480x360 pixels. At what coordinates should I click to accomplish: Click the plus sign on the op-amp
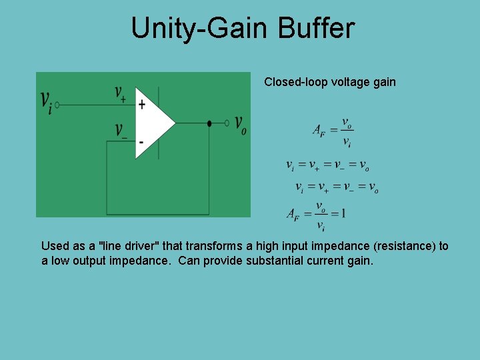141,105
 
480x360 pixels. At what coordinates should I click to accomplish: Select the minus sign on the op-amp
141,141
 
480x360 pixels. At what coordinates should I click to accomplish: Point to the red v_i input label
46,102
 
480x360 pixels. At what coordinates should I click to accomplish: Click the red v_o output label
240,125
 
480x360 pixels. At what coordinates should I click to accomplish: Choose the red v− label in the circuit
121,131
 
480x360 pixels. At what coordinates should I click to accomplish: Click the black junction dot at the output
209,123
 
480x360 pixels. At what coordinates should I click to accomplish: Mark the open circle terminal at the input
57,105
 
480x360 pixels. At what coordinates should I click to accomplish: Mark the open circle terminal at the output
227,123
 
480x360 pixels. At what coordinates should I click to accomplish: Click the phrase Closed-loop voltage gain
329,82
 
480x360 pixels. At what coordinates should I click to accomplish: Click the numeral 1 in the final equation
343,214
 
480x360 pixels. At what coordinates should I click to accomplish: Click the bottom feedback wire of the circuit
158,215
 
